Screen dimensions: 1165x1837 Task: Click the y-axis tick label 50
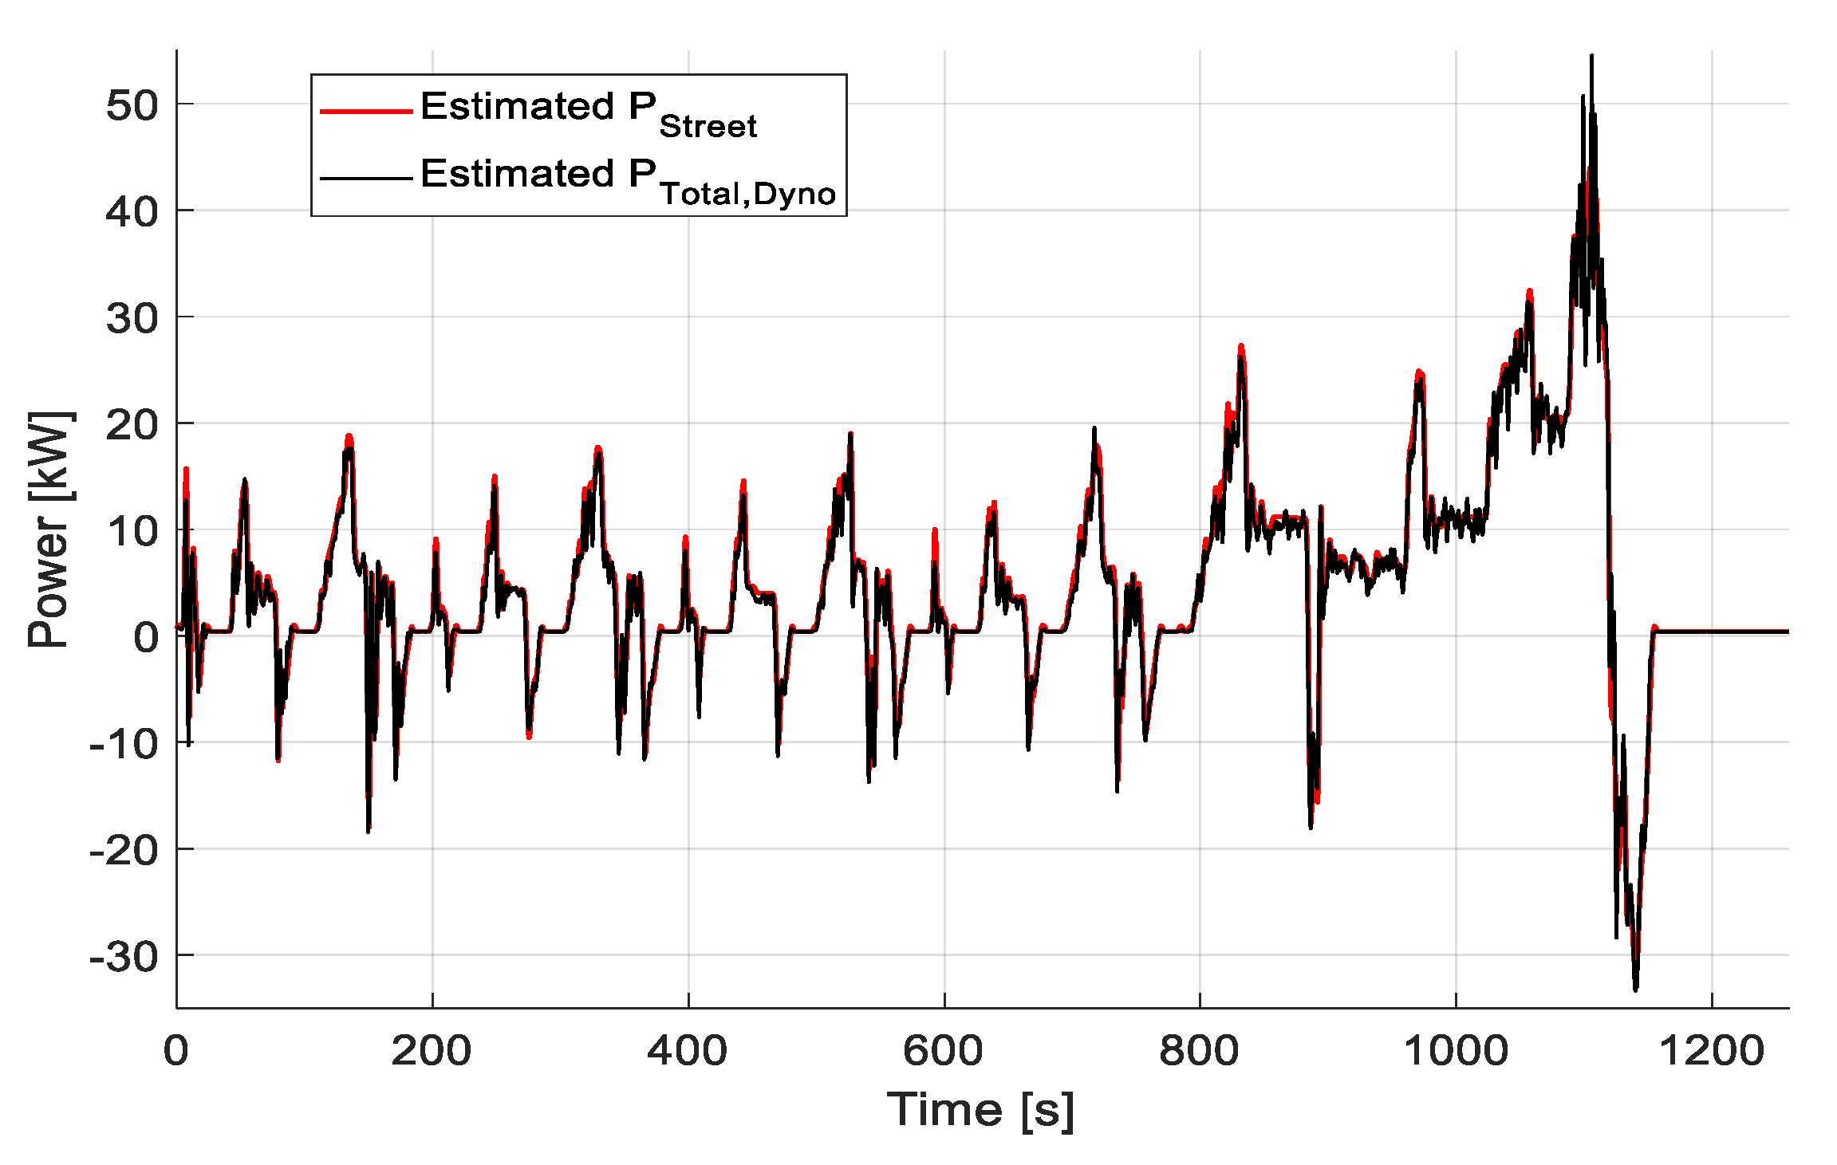132,104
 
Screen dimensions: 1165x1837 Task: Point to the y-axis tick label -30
124,956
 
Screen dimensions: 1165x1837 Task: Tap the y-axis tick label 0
146,637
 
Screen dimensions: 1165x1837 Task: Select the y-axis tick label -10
124,744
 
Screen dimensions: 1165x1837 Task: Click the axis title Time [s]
980,1109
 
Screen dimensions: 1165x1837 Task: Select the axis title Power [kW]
49,529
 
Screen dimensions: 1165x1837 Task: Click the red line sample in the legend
365,111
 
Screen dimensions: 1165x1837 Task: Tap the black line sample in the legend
365,178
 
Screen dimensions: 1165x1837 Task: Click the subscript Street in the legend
708,127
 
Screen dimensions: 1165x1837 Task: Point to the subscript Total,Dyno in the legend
747,194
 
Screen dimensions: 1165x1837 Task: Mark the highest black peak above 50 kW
1591,57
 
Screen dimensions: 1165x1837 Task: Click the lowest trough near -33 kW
1635,989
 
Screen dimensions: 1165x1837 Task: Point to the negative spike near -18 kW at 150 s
368,831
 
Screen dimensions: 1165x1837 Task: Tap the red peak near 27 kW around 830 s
1241,346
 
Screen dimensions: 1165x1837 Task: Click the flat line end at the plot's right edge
1787,632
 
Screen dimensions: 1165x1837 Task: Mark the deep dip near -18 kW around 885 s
1311,826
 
